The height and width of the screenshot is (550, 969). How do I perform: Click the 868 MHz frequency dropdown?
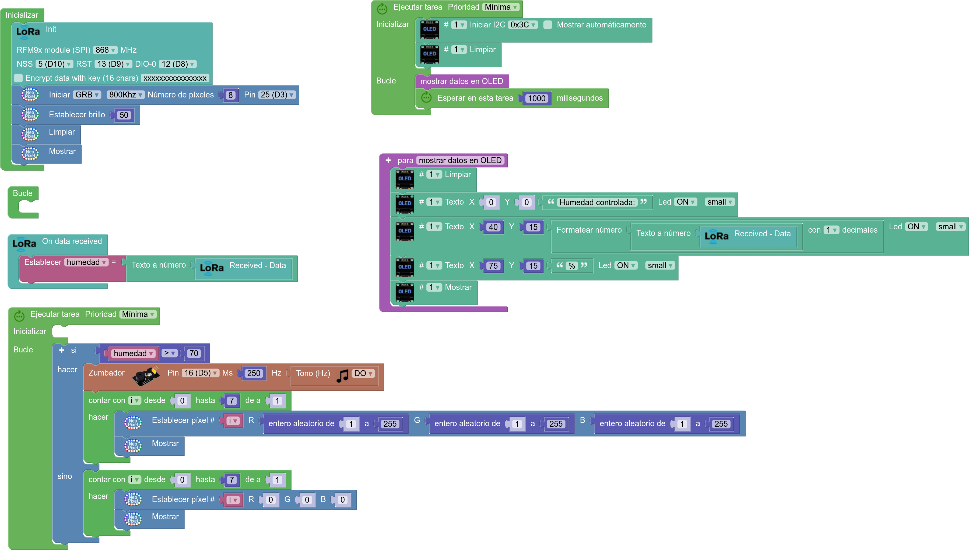pos(105,50)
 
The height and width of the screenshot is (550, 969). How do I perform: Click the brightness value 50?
pos(124,115)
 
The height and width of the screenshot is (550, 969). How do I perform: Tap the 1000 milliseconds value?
pos(537,98)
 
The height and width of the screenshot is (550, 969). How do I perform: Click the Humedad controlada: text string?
pos(597,202)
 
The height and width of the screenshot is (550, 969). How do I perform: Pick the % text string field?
pos(572,265)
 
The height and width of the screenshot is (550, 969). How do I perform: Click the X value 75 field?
pos(493,265)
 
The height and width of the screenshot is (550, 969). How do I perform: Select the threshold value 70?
pos(194,353)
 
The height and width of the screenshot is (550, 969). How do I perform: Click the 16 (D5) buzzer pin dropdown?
pos(201,373)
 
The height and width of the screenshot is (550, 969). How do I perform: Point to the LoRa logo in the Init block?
pos(28,32)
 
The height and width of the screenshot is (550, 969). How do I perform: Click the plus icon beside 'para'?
pos(388,160)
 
